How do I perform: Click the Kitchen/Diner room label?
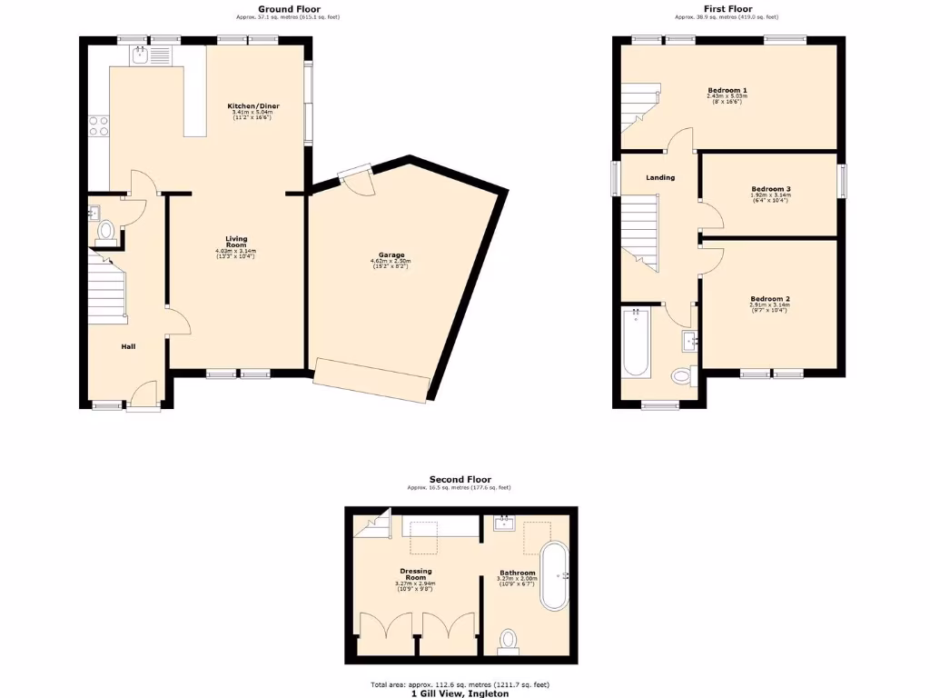pyautogui.click(x=252, y=106)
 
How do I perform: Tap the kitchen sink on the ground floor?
pyautogui.click(x=141, y=56)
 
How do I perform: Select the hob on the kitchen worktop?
pyautogui.click(x=98, y=126)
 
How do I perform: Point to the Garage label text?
pyautogui.click(x=391, y=254)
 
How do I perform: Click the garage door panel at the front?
pyautogui.click(x=371, y=380)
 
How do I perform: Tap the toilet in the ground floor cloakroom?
pyautogui.click(x=106, y=231)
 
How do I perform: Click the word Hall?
pyautogui.click(x=129, y=346)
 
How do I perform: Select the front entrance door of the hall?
pyautogui.click(x=143, y=398)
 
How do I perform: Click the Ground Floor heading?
pyautogui.click(x=289, y=9)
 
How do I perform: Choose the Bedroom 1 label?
pyautogui.click(x=727, y=90)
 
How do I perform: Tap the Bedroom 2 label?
pyautogui.click(x=769, y=299)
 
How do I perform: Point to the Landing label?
pyautogui.click(x=660, y=177)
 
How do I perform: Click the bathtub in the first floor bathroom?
pyautogui.click(x=636, y=344)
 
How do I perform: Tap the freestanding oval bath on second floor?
pyautogui.click(x=554, y=576)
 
